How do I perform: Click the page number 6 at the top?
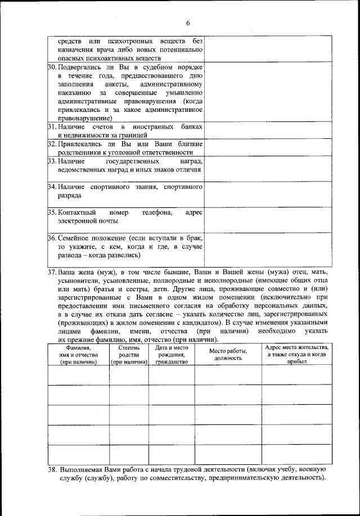click(x=188, y=23)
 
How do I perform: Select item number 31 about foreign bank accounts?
click(x=51, y=127)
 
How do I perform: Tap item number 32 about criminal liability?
click(x=51, y=144)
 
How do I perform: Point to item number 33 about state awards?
click(x=51, y=161)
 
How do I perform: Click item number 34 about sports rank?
click(x=51, y=186)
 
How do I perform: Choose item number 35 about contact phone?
click(x=51, y=212)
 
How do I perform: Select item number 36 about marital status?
click(x=51, y=238)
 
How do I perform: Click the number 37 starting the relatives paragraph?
click(x=53, y=272)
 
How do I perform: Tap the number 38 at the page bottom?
click(x=53, y=469)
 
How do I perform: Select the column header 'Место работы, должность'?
click(x=228, y=355)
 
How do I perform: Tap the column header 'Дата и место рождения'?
click(x=171, y=355)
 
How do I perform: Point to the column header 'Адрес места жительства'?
click(x=296, y=355)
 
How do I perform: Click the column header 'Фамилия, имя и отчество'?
click(x=78, y=355)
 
